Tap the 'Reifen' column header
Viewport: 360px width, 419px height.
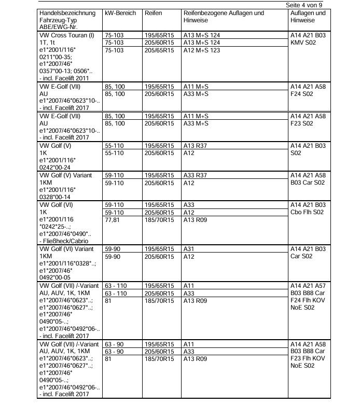point(153,12)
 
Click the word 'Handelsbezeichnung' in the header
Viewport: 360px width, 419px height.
point(67,12)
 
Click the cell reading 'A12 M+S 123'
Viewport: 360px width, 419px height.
point(201,50)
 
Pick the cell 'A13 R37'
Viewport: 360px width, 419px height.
point(195,146)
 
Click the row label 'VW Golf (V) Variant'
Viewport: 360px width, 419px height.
point(65,176)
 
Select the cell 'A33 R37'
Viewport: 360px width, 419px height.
point(195,176)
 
